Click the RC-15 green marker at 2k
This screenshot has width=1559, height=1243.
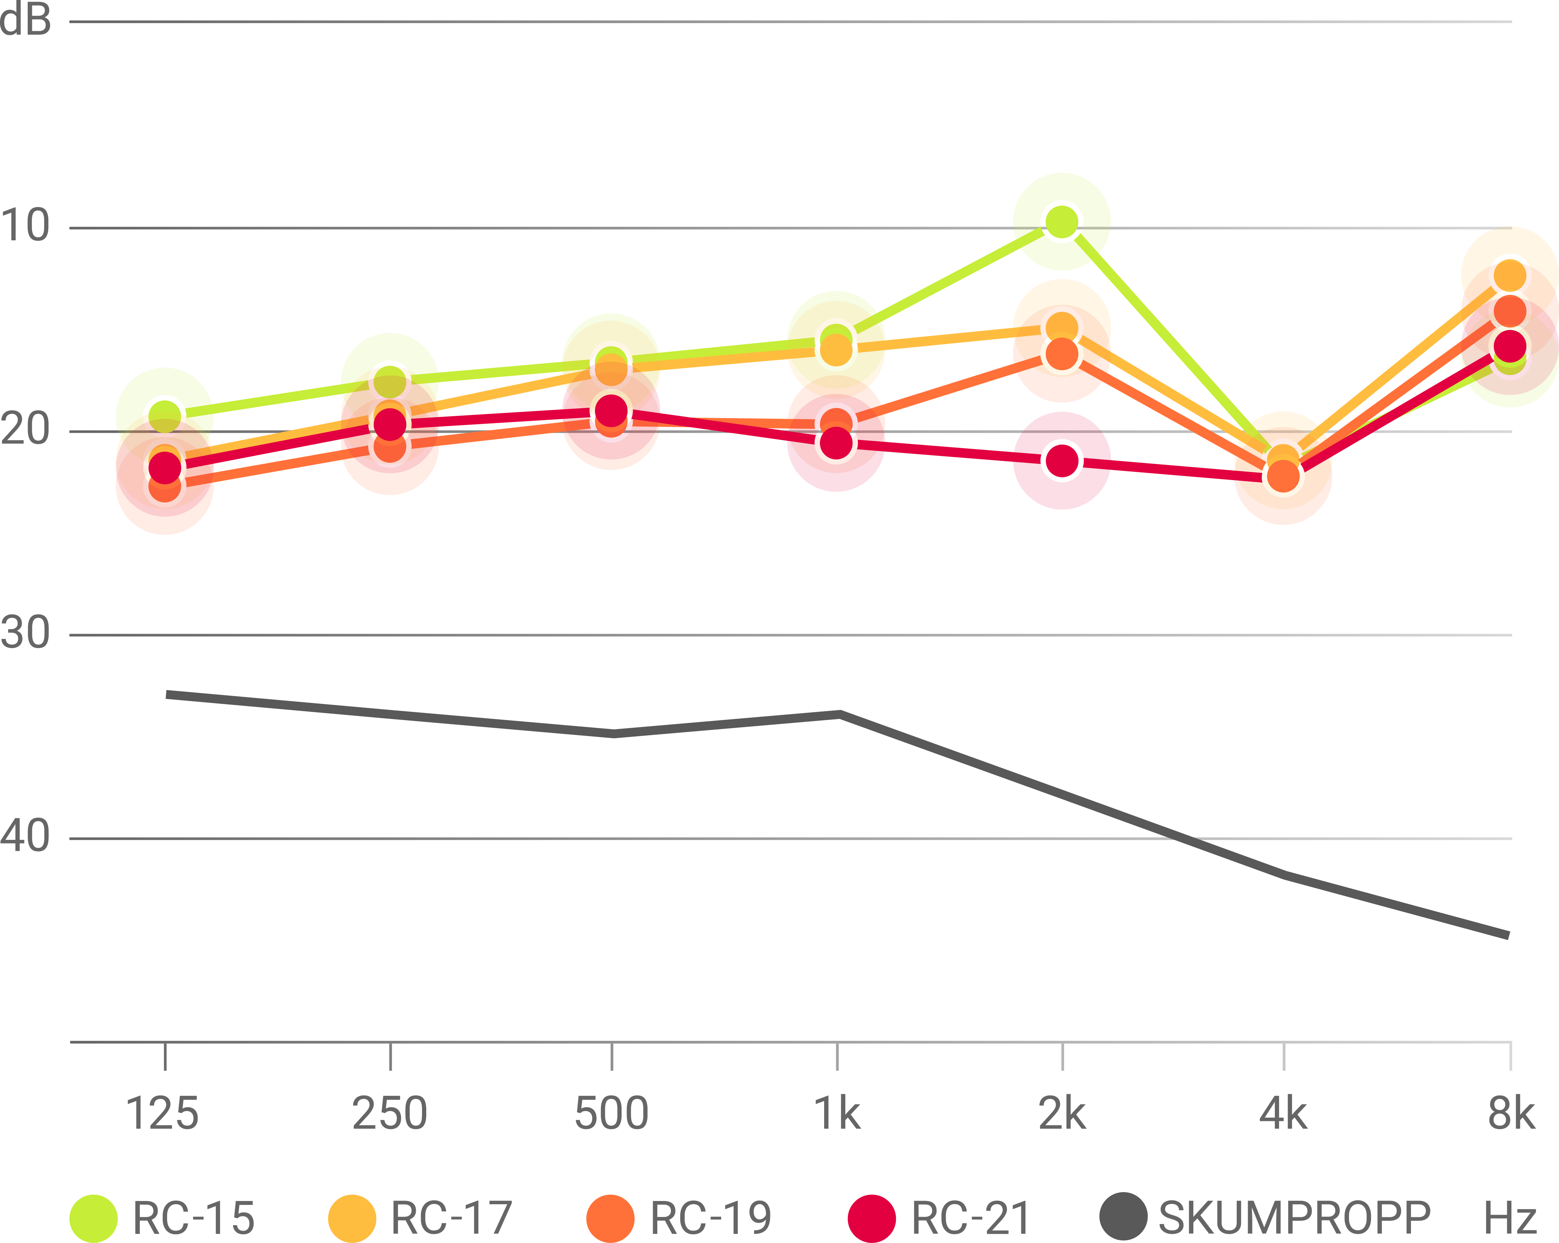1061,222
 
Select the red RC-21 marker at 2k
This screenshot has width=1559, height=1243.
1061,460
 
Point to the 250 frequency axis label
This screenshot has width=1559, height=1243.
390,1114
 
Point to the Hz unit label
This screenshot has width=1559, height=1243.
1510,1219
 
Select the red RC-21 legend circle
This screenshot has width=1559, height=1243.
872,1219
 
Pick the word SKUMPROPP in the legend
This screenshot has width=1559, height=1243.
1294,1219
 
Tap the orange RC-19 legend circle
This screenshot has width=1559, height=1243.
611,1219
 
